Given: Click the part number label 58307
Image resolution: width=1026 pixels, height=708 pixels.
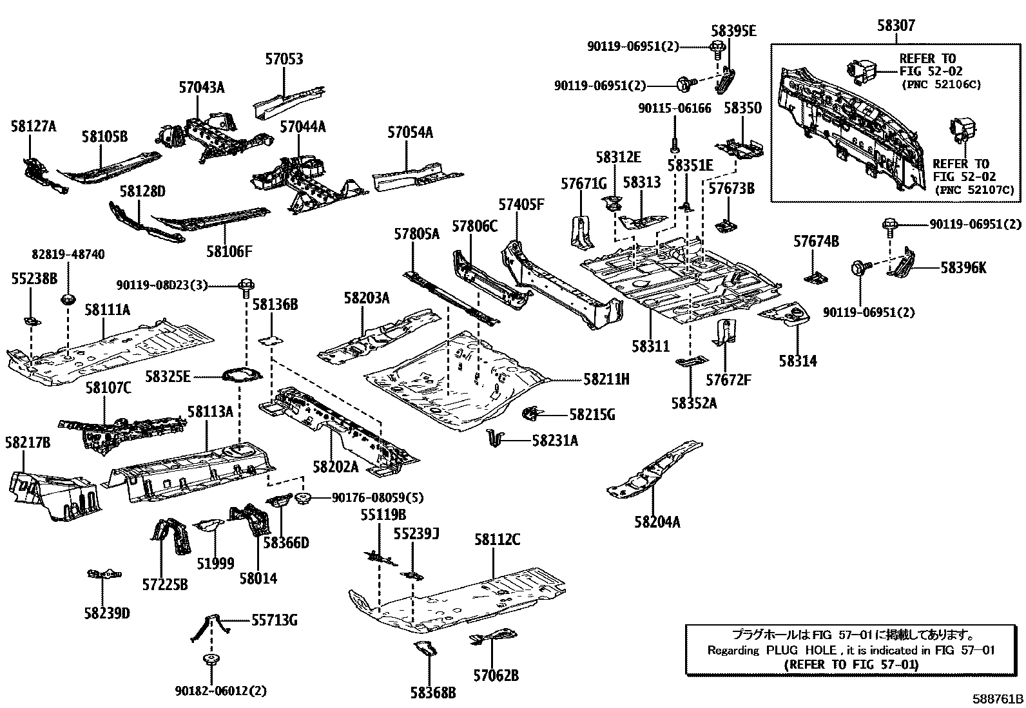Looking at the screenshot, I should pos(896,26).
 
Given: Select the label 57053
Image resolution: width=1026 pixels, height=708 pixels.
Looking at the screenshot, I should pos(284,59).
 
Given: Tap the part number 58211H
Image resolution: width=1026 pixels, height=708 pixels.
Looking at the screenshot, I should pos(606,379).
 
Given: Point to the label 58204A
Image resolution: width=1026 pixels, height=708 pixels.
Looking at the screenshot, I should pos(657,522).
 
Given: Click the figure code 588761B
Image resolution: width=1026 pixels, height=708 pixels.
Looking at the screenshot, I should pos(998,700).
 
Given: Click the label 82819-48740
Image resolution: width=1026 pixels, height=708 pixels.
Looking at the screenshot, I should pos(68,255).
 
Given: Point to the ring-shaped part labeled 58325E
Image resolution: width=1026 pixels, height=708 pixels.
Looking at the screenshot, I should pos(242,374).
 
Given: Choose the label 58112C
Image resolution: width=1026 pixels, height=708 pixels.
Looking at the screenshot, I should pos(497,540).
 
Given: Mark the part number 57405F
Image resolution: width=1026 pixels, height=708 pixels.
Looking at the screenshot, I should pos(521,205).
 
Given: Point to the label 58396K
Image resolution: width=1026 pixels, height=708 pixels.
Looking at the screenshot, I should pos(963,267).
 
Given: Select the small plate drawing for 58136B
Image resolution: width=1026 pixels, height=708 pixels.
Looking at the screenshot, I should pos(271,340).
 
